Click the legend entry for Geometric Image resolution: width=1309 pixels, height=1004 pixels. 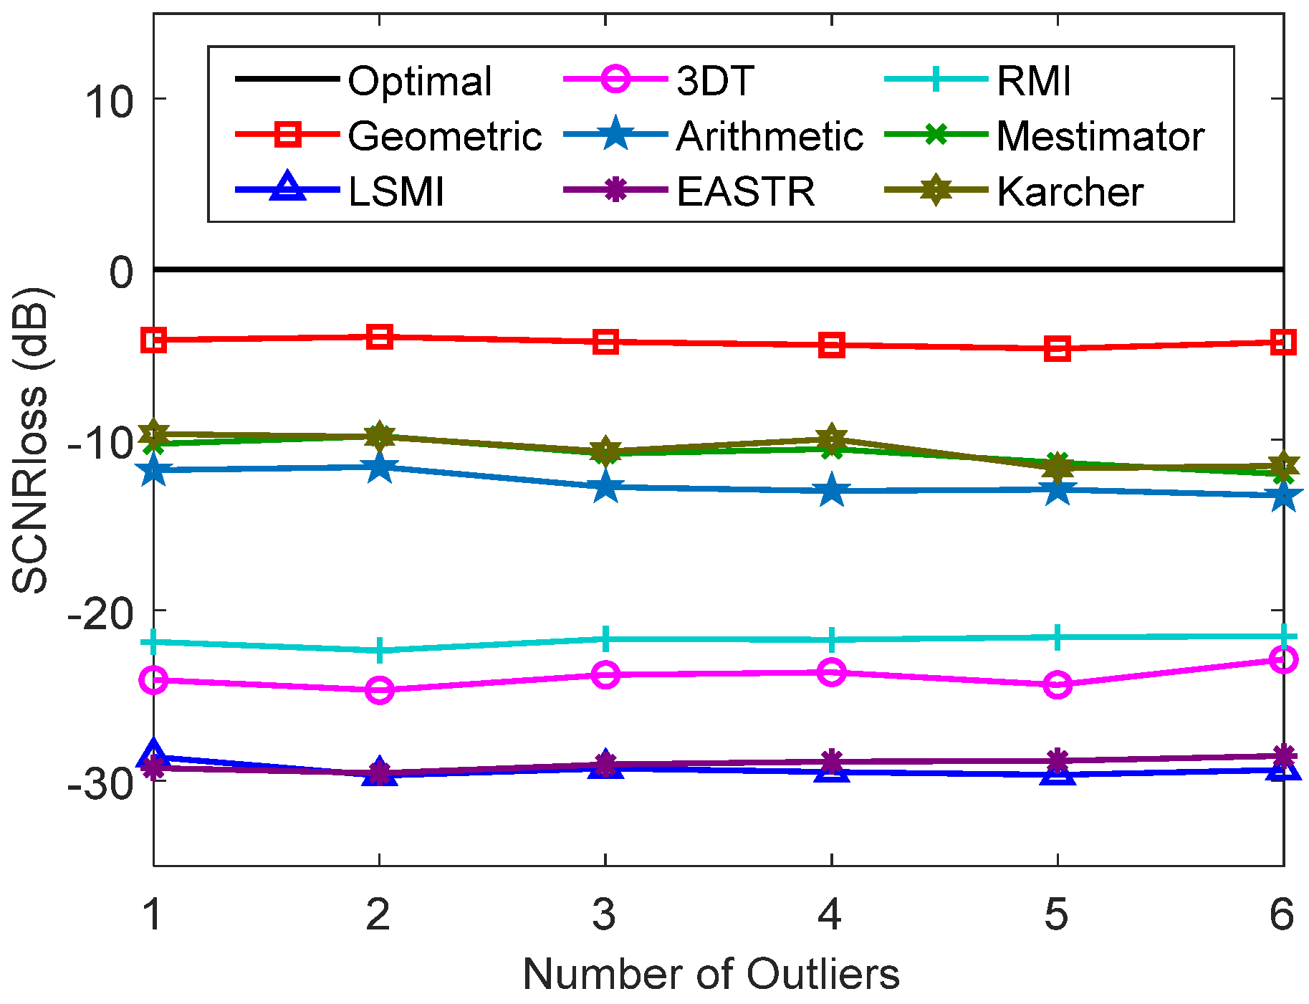(444, 136)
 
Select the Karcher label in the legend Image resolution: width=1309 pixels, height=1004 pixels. (1070, 191)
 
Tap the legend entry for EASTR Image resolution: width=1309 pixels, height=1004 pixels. (745, 191)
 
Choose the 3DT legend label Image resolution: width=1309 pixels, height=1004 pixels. (714, 80)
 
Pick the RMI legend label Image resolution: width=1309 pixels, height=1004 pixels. (1034, 80)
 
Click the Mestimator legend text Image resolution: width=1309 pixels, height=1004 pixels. (1100, 136)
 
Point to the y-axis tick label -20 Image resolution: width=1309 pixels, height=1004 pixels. (100, 611)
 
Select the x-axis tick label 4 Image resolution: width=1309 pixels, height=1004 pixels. (830, 914)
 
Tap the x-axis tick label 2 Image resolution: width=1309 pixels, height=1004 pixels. (378, 914)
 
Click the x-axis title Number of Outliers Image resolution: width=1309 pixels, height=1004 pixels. (711, 975)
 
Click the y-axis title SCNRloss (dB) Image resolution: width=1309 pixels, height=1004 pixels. (30, 441)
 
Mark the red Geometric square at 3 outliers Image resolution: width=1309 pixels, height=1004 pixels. (605, 342)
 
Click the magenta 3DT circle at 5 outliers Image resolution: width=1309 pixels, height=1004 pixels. (1058, 685)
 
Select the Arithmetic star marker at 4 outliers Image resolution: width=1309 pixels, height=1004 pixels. (831, 492)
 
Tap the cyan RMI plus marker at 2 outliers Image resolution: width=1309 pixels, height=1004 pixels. (380, 650)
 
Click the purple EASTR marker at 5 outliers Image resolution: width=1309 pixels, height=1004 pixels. (1058, 760)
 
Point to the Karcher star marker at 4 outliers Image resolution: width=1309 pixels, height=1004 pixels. (831, 437)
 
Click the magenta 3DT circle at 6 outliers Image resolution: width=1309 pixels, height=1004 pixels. (1282, 659)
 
